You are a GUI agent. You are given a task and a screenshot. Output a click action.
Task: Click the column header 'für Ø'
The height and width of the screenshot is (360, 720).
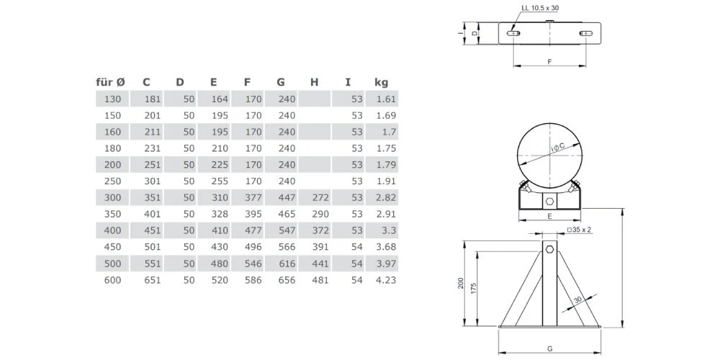112,82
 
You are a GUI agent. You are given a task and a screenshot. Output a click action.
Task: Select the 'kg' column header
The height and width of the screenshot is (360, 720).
381,82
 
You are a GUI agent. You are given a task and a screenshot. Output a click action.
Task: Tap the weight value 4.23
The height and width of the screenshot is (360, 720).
385,280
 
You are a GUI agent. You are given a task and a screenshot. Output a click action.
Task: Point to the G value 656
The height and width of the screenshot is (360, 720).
287,280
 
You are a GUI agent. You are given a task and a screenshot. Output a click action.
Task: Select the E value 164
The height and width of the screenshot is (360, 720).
219,99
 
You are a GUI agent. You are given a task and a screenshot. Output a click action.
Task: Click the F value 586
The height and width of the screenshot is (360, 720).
253,280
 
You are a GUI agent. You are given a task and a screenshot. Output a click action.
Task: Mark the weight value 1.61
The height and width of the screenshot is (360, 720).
385,99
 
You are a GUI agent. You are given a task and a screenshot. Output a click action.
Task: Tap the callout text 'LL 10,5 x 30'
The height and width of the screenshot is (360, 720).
540,9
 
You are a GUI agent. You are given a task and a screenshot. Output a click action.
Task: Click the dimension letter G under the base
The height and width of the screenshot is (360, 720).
549,348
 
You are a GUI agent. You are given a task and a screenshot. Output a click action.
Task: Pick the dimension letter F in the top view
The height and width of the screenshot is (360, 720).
549,62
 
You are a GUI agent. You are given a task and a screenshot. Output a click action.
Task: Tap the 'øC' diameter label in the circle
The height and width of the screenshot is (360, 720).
557,148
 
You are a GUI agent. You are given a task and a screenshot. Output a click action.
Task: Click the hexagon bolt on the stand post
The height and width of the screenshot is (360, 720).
549,249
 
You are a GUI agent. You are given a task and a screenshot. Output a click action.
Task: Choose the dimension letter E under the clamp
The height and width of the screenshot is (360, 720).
549,215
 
